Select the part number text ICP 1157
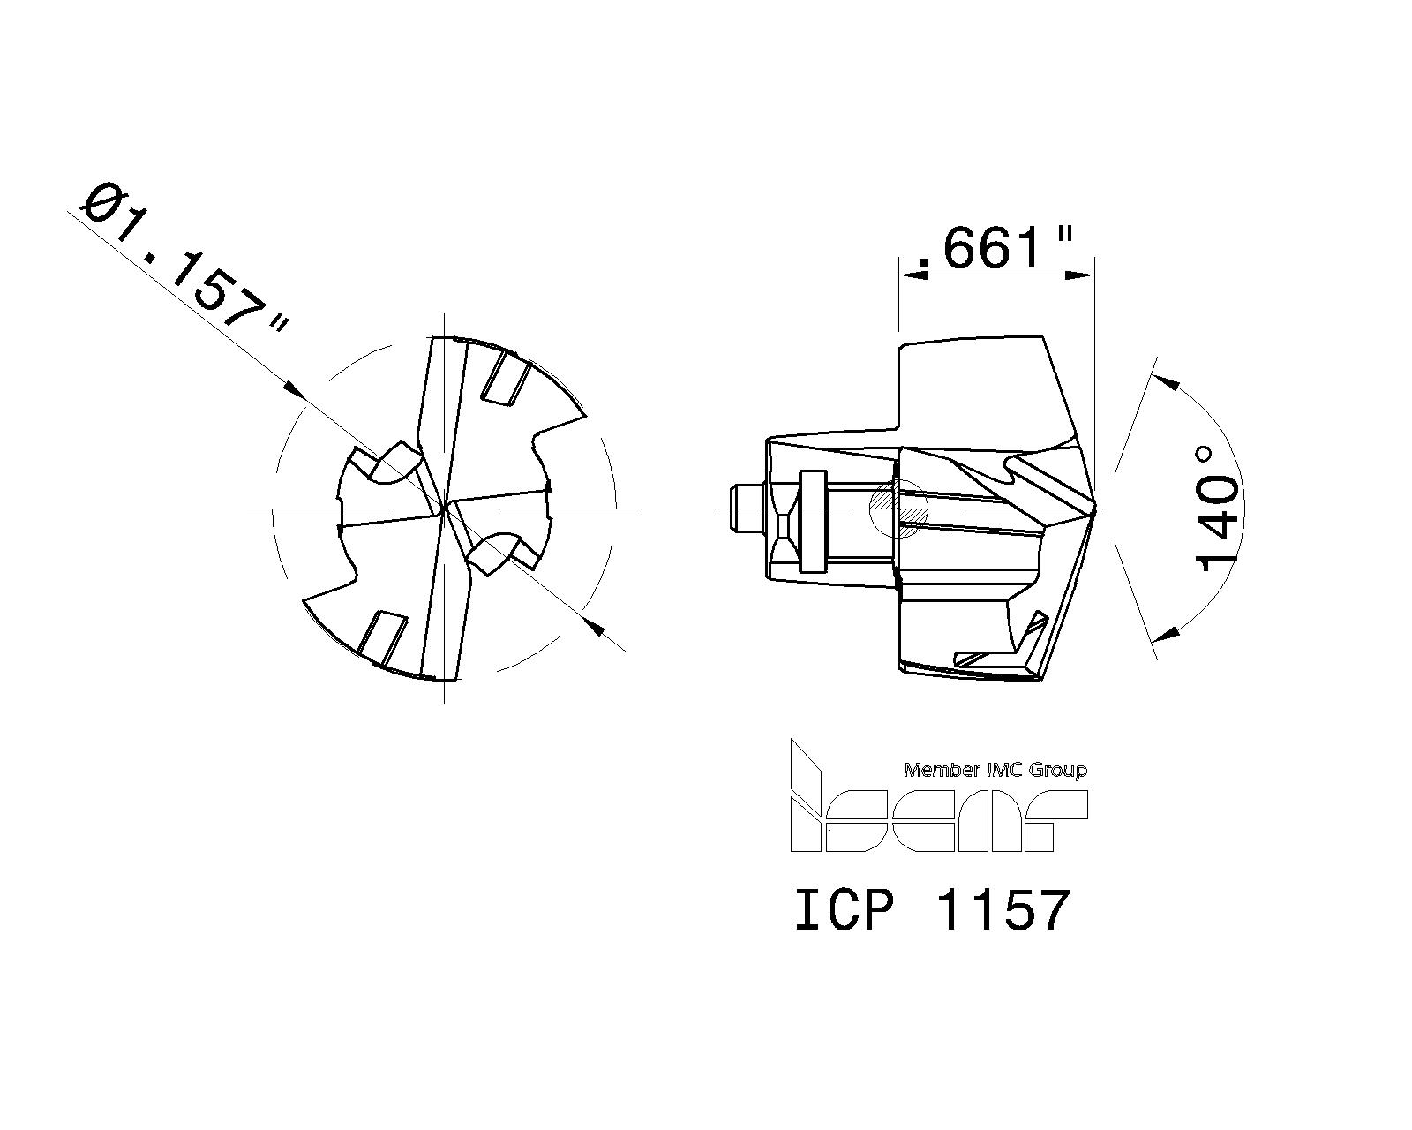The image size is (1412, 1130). [x=932, y=911]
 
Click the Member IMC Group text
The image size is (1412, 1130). [x=995, y=770]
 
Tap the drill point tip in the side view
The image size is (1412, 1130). [x=1093, y=509]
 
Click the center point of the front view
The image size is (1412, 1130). [x=445, y=508]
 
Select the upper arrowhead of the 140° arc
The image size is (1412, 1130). [x=1168, y=381]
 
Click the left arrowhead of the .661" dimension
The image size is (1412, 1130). [x=911, y=276]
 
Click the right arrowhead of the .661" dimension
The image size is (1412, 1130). [x=1082, y=276]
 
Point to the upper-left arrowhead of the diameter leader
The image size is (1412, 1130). [x=295, y=389]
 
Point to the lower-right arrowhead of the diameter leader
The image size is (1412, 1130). [x=594, y=627]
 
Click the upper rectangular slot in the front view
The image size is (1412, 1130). [x=506, y=379]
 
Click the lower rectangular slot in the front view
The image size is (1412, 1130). [x=382, y=637]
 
